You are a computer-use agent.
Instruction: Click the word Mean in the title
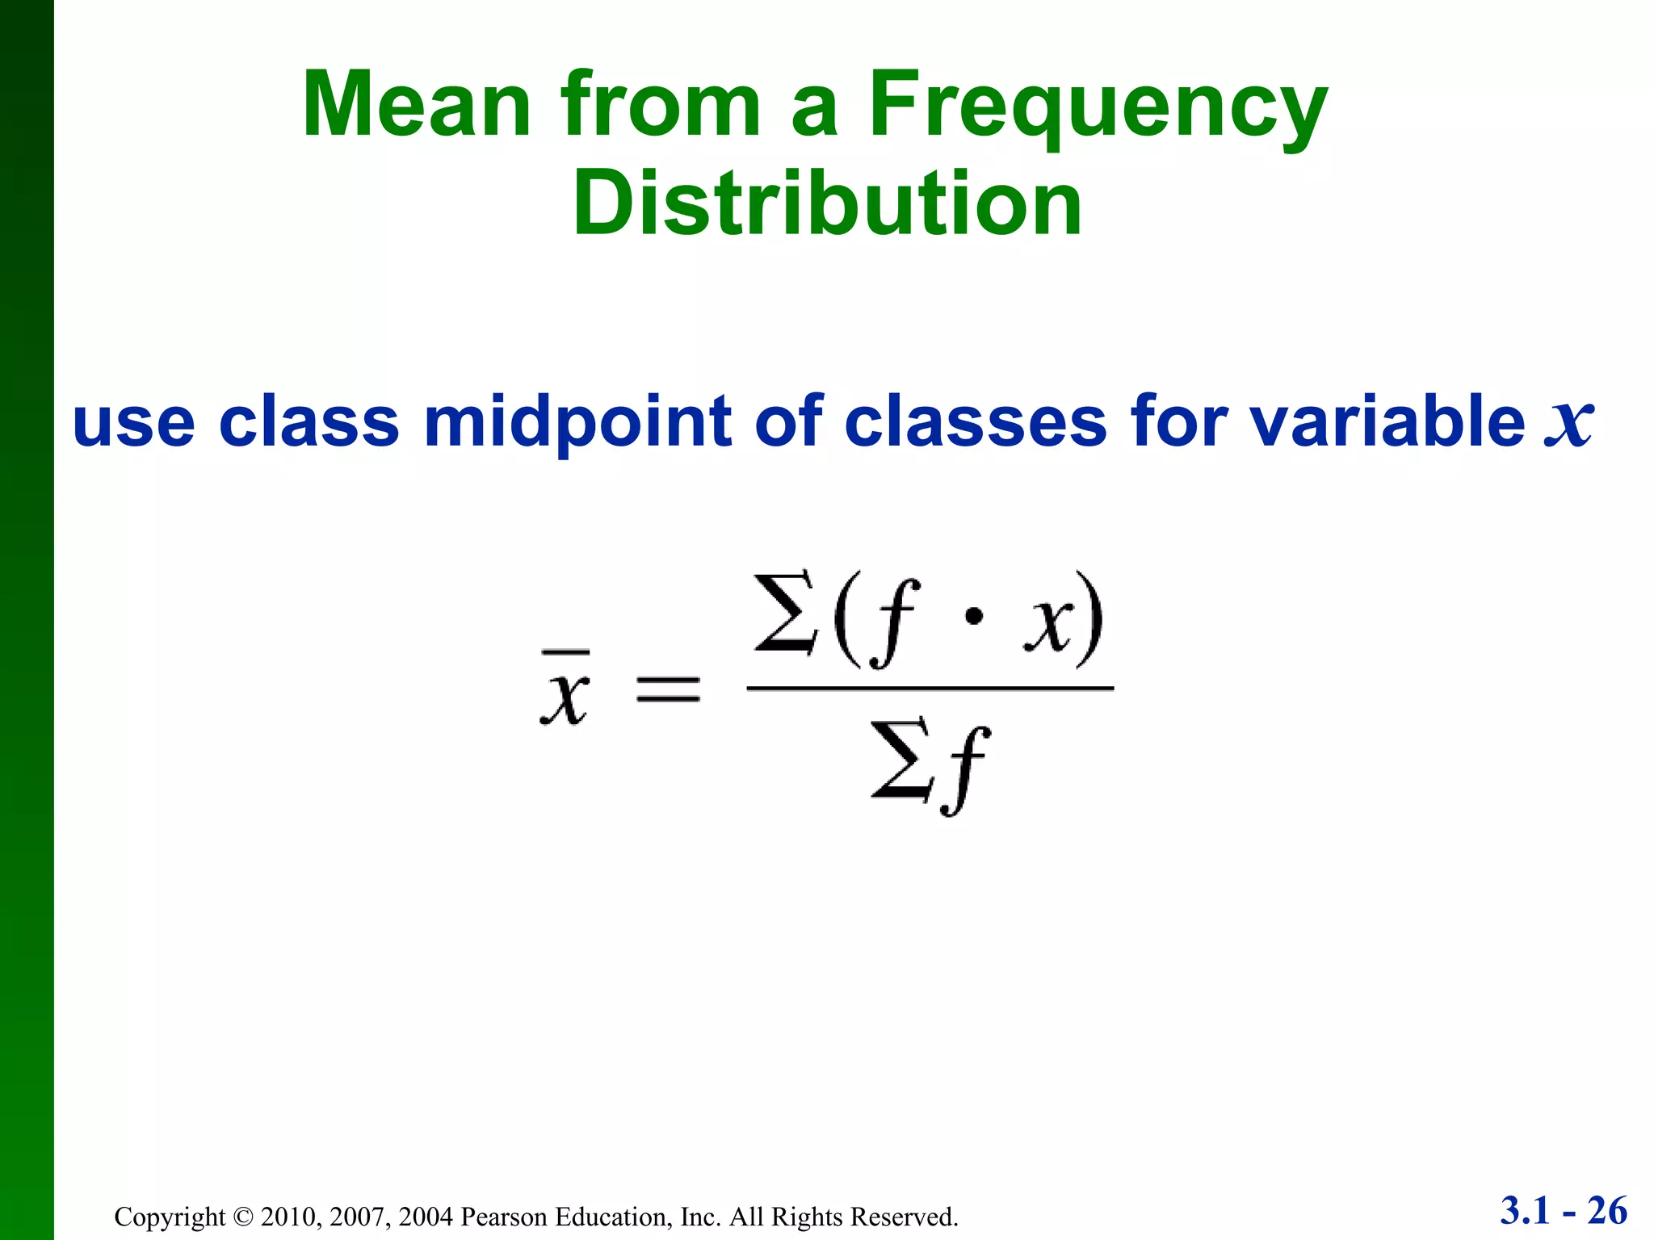coord(416,105)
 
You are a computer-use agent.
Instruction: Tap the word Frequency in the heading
coord(1098,109)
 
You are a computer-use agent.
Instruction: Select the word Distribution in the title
coord(827,203)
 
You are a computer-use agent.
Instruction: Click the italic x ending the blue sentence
coord(1568,421)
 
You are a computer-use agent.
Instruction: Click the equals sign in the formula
coord(668,689)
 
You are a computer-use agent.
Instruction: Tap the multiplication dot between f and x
coord(974,618)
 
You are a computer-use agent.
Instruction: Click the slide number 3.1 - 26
coord(1564,1211)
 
